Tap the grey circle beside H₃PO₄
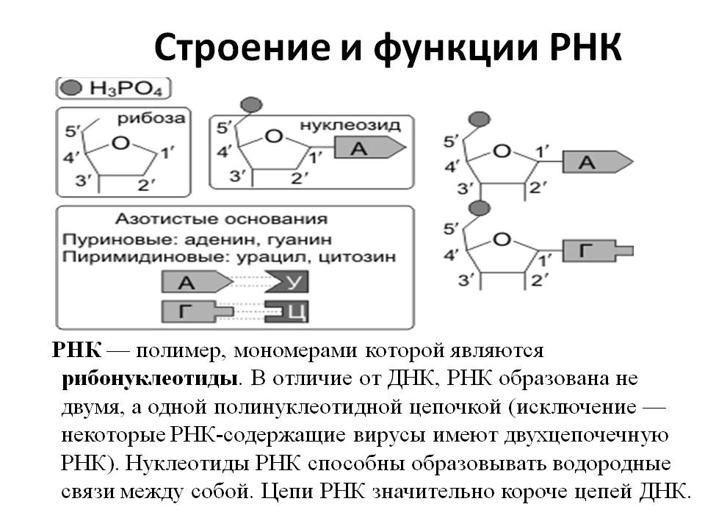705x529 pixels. (70, 89)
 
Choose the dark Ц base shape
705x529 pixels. (287, 312)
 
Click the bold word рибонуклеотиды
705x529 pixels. (151, 378)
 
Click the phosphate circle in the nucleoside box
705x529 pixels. (252, 105)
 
